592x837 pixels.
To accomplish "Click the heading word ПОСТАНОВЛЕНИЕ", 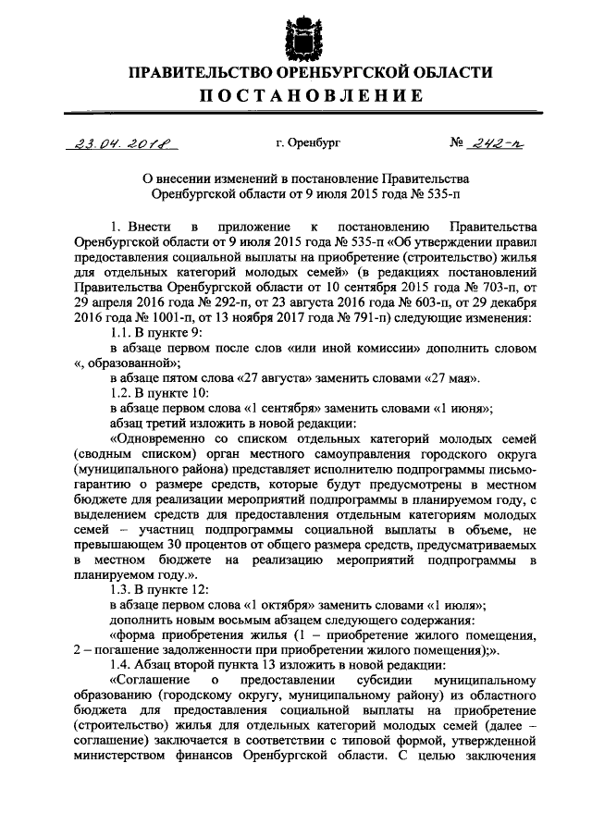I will coord(296,96).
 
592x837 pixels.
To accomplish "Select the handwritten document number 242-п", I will coord(498,143).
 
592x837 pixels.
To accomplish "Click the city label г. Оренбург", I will coord(309,144).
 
